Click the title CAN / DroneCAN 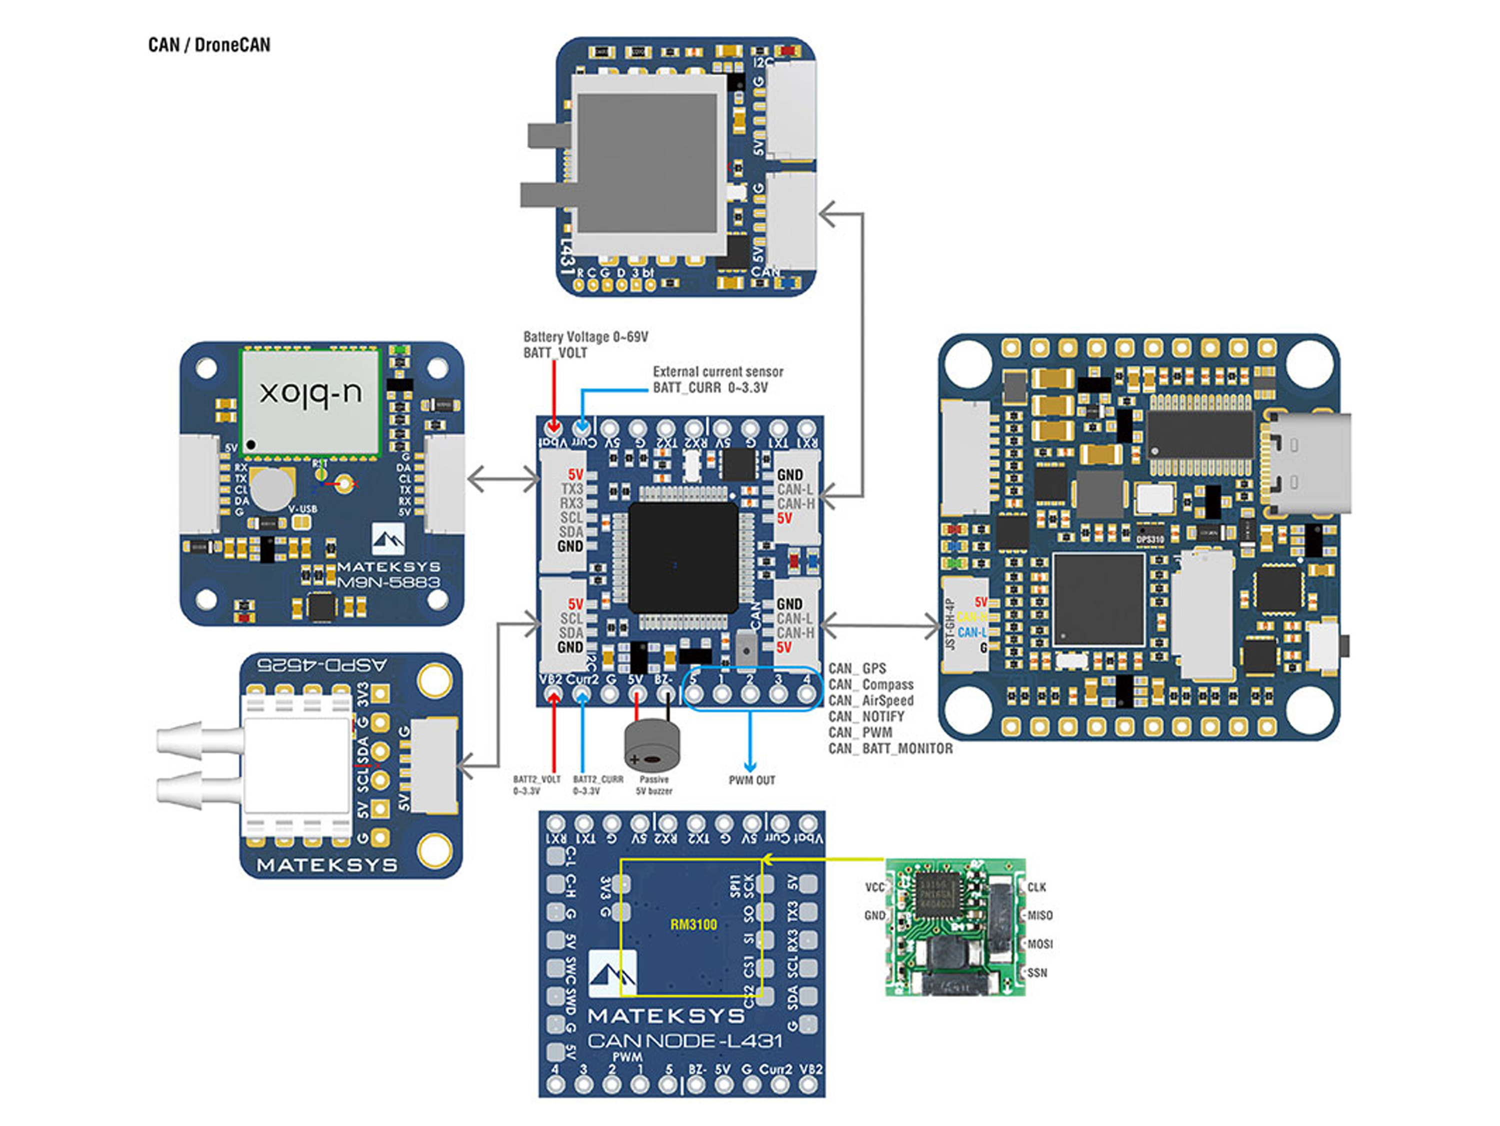pyautogui.click(x=209, y=45)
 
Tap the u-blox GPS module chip pyautogui.click(x=310, y=400)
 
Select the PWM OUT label pyautogui.click(x=751, y=780)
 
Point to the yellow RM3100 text pyautogui.click(x=693, y=924)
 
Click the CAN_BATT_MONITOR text pyautogui.click(x=889, y=748)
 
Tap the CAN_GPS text pyautogui.click(x=857, y=668)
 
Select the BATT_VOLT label pyautogui.click(x=554, y=353)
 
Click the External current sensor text pyautogui.click(x=717, y=372)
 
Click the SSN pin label pyautogui.click(x=1037, y=973)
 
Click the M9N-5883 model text pyautogui.click(x=388, y=582)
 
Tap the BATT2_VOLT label pyautogui.click(x=536, y=779)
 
